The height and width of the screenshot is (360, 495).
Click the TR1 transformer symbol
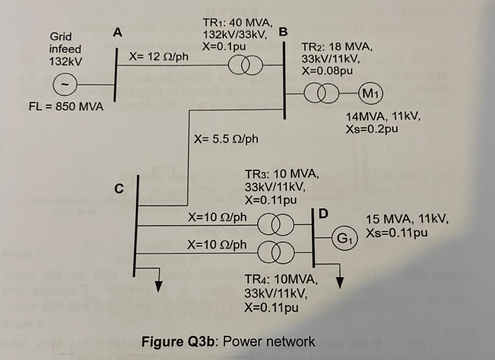pyautogui.click(x=245, y=65)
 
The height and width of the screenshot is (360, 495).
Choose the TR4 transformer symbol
pyautogui.click(x=275, y=253)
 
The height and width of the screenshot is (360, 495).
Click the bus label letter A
pyautogui.click(x=118, y=32)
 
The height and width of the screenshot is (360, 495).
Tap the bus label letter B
pyautogui.click(x=283, y=32)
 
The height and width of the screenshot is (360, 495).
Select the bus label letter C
pyautogui.click(x=119, y=188)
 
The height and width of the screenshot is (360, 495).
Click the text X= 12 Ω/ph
pyautogui.click(x=158, y=57)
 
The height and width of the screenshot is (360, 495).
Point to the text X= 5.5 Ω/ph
pyautogui.click(x=226, y=139)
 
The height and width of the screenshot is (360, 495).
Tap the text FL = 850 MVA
pyautogui.click(x=66, y=107)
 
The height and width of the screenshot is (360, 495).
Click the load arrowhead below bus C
pyautogui.click(x=159, y=287)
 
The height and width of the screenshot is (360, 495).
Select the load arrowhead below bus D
pyautogui.click(x=340, y=282)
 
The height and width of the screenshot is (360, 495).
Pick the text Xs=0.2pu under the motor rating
pyautogui.click(x=372, y=129)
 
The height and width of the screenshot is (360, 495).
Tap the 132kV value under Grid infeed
pyautogui.click(x=66, y=62)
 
